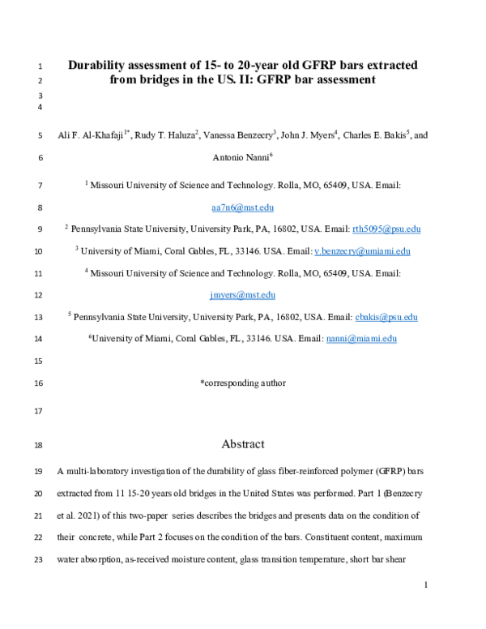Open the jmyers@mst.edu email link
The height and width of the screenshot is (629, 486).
tap(243, 295)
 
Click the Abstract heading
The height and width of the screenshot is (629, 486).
tap(243, 443)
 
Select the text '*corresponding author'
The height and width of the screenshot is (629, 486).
tap(243, 383)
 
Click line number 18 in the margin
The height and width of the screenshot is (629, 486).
tap(40, 445)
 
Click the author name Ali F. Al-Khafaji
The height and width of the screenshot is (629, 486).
tap(90, 136)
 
